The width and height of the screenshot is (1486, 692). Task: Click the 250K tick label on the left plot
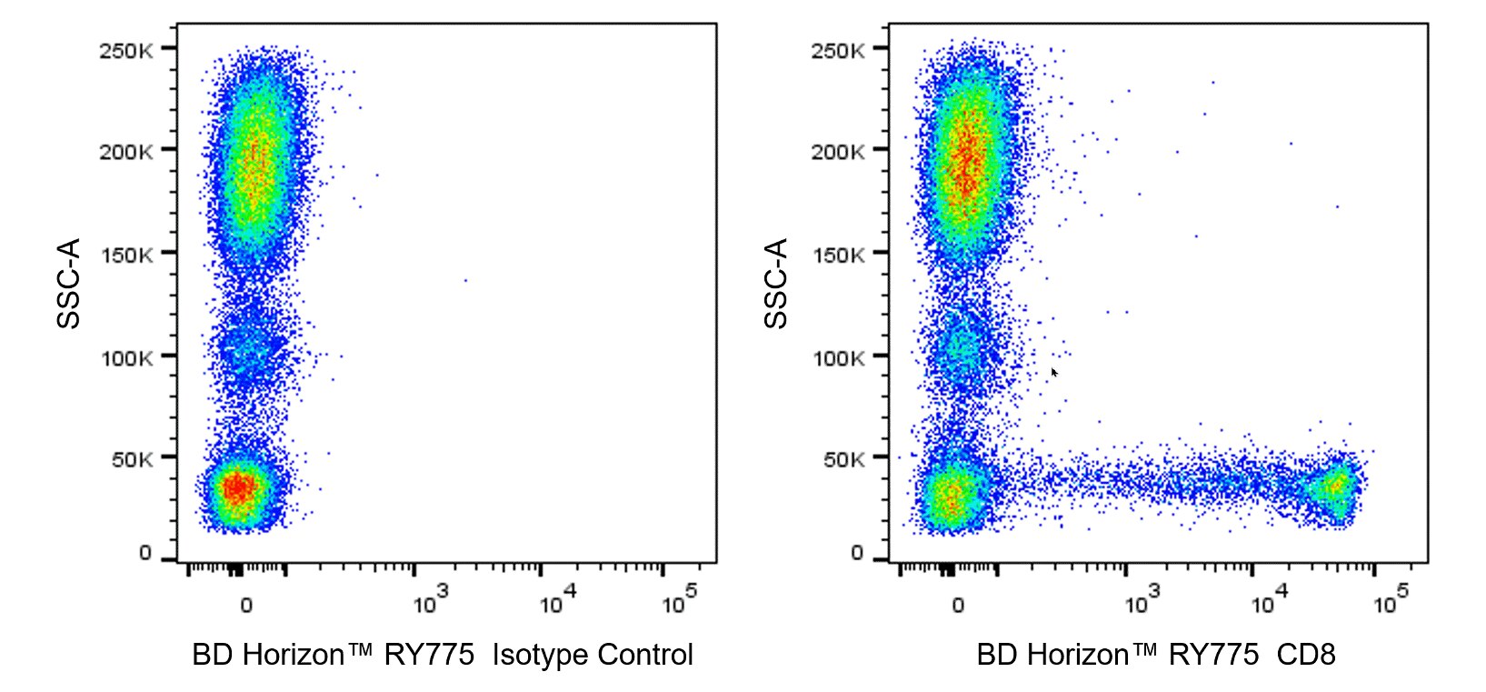[x=125, y=50]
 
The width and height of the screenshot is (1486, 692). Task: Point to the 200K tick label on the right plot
[x=837, y=151]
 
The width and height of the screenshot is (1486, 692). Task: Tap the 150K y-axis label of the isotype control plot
[x=125, y=255]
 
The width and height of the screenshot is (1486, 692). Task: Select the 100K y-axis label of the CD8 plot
[x=837, y=357]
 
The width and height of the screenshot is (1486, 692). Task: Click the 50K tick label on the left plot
[x=132, y=459]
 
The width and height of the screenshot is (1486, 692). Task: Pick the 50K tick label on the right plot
[x=843, y=459]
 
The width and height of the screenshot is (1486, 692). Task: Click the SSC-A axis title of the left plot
[x=69, y=283]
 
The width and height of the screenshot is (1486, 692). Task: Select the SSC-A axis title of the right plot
[x=777, y=283]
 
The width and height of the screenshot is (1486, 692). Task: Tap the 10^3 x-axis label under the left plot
[x=429, y=602]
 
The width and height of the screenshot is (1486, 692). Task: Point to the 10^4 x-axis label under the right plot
[x=1268, y=602]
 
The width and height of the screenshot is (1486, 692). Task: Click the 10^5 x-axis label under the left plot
[x=679, y=602]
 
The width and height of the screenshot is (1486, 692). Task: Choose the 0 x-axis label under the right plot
[x=958, y=605]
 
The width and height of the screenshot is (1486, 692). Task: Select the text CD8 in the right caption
[x=1306, y=655]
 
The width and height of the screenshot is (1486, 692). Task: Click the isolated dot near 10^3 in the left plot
[x=465, y=280]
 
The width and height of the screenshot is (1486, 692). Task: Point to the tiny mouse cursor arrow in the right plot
[x=1054, y=372]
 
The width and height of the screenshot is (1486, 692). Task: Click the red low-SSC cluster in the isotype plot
[x=236, y=488]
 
